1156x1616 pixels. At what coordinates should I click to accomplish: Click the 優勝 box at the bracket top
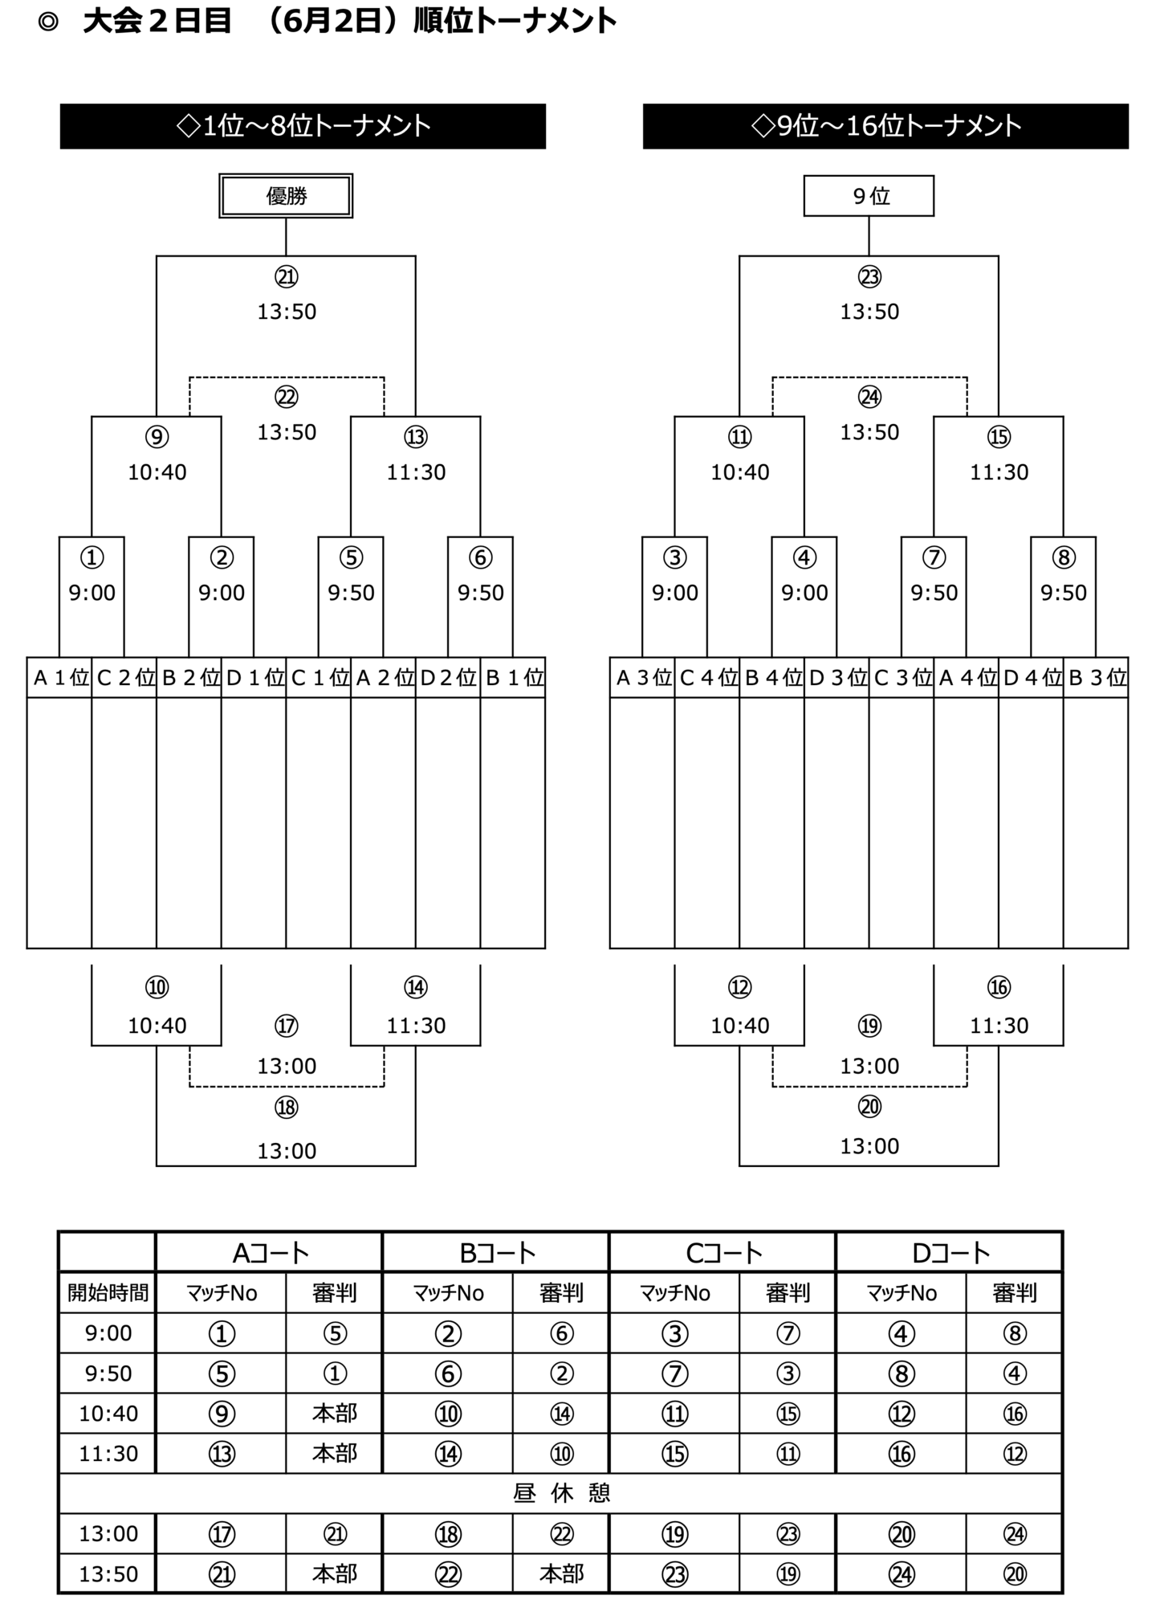pos(286,196)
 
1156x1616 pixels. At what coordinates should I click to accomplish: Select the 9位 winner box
pos(869,196)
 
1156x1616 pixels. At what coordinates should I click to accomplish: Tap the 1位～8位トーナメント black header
pos(303,126)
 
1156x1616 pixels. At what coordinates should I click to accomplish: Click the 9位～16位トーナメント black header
pos(885,126)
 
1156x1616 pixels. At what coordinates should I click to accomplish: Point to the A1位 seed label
pos(60,678)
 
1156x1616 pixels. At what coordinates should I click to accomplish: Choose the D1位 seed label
pos(254,678)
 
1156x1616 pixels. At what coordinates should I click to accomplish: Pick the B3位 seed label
pos(1097,678)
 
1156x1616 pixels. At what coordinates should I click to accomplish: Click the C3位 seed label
pos(902,678)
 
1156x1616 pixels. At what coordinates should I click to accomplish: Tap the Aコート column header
pos(270,1252)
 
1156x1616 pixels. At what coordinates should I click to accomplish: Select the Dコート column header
pos(950,1252)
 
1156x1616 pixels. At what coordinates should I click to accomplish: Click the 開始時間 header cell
pos(108,1292)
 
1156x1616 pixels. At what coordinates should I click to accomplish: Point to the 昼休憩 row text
pos(561,1493)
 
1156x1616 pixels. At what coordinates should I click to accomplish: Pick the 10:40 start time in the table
pos(108,1413)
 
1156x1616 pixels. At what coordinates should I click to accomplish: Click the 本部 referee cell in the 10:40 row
pos(334,1413)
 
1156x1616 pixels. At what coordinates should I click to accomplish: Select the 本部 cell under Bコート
pos(561,1573)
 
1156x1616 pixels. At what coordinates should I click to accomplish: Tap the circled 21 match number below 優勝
pos(287,277)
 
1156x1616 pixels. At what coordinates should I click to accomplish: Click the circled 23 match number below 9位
pos(869,277)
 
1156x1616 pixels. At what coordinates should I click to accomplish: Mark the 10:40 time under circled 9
pos(157,472)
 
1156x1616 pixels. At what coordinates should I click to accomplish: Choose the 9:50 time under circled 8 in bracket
pos(1064,593)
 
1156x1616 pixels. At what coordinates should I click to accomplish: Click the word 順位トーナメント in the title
pos(515,22)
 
